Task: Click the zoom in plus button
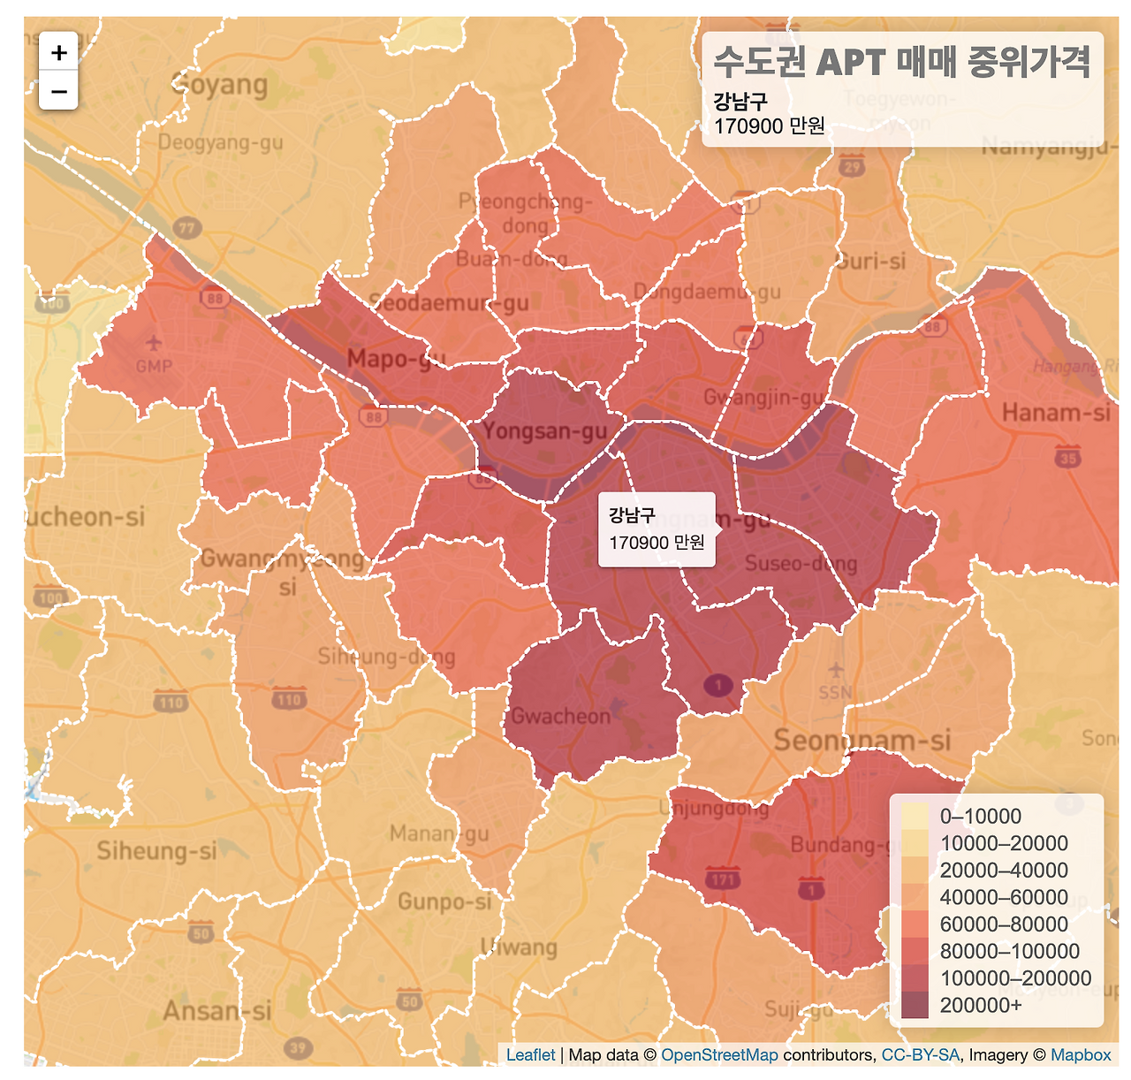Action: click(58, 53)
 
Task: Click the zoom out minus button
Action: click(58, 91)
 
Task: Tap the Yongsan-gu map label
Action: click(545, 431)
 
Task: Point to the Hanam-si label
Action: click(1055, 413)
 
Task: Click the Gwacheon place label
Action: click(561, 716)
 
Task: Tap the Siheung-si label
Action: click(156, 851)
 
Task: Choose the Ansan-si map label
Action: click(216, 1011)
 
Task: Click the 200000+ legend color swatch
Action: click(915, 1005)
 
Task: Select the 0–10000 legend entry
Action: click(980, 816)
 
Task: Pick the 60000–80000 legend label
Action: click(1004, 924)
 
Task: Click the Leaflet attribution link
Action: click(530, 1055)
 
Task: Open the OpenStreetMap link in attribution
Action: click(719, 1055)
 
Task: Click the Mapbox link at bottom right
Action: click(1081, 1055)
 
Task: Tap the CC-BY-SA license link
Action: click(920, 1055)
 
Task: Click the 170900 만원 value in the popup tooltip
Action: click(657, 543)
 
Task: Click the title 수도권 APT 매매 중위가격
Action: click(901, 63)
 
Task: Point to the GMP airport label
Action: click(154, 366)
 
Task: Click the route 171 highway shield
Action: click(723, 879)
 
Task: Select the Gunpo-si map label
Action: click(444, 901)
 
